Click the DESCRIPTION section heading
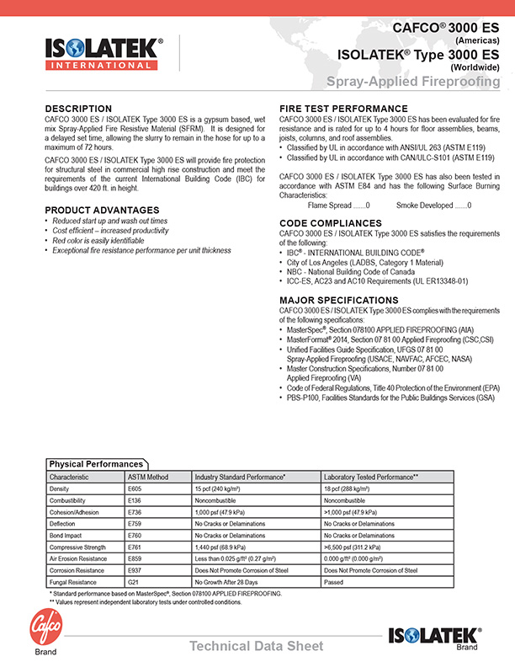click(x=78, y=109)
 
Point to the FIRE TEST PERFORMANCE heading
click(x=343, y=109)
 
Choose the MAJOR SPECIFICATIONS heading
click(x=338, y=300)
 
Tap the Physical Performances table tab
click(x=96, y=464)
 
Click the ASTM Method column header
click(x=148, y=477)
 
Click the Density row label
click(x=60, y=488)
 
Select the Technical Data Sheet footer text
click(x=256, y=646)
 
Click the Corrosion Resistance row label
click(x=79, y=570)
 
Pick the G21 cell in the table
click(x=133, y=582)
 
